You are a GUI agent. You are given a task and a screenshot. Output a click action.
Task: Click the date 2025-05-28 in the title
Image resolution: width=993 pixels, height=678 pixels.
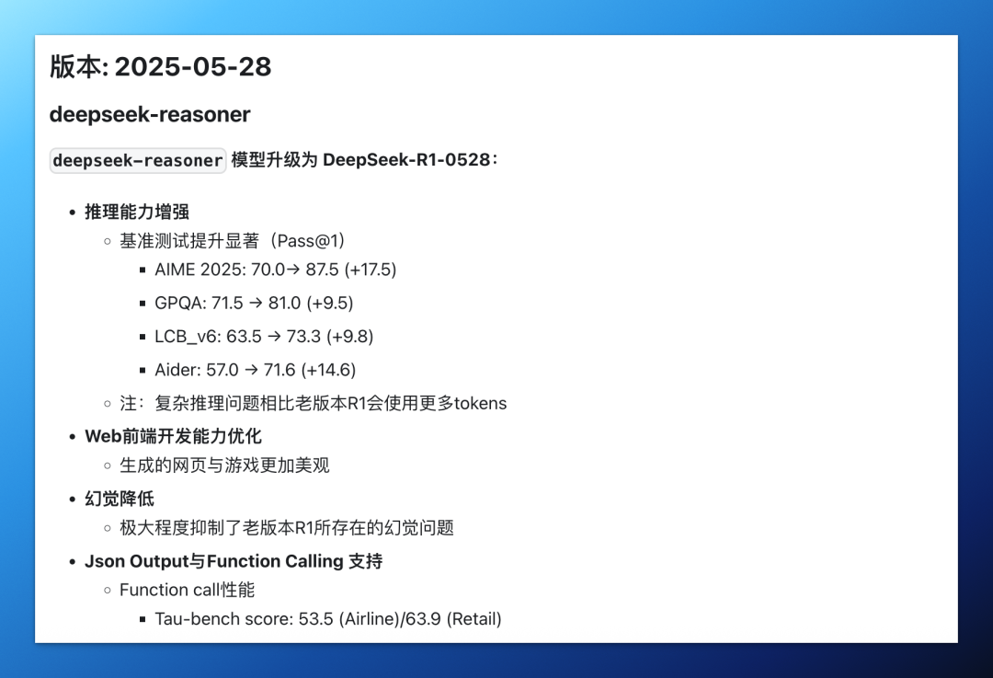point(193,66)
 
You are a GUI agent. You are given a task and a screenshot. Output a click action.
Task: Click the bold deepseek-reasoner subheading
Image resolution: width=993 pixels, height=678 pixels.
point(150,115)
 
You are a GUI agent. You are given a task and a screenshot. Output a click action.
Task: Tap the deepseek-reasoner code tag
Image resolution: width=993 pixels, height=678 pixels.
point(138,160)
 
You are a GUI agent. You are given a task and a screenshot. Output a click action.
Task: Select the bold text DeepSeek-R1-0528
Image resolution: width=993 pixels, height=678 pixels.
point(406,160)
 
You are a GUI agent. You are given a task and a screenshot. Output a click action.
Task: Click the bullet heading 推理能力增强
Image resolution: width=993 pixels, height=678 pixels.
point(137,212)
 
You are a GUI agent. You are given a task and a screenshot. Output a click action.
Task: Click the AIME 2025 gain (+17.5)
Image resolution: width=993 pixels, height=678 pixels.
point(370,270)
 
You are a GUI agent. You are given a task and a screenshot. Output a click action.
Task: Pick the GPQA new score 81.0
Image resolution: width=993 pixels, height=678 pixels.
point(284,303)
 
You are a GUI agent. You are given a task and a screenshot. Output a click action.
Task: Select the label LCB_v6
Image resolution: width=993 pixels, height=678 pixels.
point(188,337)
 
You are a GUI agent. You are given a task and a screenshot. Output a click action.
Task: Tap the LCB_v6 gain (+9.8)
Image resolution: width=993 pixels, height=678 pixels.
point(348,337)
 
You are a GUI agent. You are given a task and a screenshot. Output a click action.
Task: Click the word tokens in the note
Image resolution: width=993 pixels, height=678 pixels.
point(480,404)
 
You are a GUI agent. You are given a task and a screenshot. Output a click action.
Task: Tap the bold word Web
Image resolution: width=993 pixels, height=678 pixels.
point(103,436)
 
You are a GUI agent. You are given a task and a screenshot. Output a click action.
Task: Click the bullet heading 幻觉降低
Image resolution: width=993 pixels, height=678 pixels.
point(120,499)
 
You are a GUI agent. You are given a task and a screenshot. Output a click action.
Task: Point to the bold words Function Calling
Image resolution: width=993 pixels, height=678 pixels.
point(275,561)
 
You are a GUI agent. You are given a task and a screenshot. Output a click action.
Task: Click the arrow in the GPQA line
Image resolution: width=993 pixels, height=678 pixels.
point(256,304)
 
